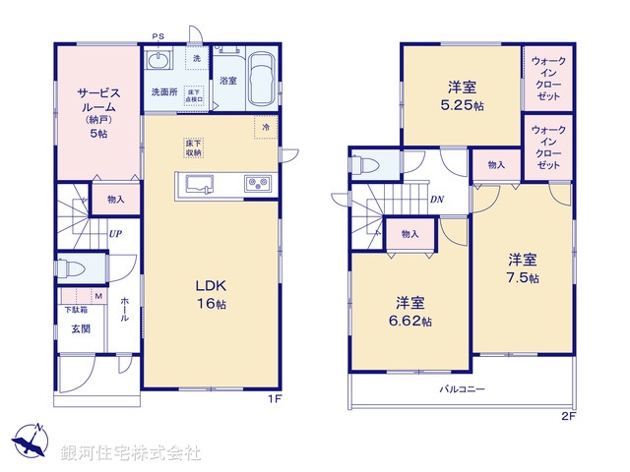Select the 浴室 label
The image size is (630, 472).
(227, 79)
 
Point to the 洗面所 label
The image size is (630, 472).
(162, 91)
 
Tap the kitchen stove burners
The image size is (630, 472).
(257, 182)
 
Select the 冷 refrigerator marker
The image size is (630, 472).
(266, 126)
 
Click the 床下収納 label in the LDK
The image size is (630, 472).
(193, 148)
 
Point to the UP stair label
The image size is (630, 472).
(116, 233)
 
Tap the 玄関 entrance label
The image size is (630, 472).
(80, 329)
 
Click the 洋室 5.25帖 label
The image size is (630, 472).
(460, 94)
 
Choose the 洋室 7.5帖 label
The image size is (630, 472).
(523, 268)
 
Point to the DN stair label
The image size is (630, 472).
(436, 199)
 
